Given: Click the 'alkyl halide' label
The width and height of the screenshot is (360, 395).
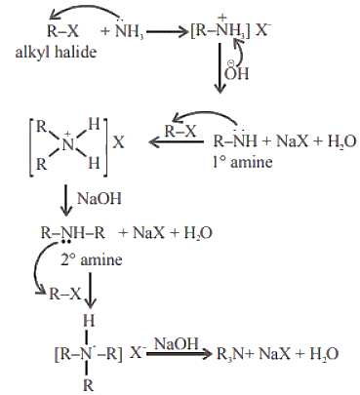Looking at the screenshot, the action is click(x=56, y=52).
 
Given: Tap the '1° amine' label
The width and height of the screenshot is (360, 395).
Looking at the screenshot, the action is click(x=242, y=162).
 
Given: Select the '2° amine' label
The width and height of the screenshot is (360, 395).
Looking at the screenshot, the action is click(x=92, y=259).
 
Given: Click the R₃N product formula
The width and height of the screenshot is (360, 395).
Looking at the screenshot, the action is click(x=230, y=353).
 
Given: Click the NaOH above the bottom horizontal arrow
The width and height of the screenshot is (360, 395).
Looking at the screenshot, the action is click(x=176, y=343).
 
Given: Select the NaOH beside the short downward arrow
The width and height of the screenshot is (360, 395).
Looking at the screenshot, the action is click(x=100, y=198).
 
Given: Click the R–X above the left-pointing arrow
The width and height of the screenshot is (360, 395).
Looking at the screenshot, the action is click(x=180, y=132).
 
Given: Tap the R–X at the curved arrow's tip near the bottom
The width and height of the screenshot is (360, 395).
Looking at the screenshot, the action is click(x=64, y=295).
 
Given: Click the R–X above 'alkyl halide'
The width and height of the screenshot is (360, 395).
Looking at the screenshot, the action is click(x=62, y=31).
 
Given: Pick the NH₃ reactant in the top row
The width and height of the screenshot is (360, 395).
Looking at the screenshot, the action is click(x=130, y=30).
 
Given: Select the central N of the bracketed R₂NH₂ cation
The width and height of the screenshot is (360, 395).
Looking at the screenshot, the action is click(x=68, y=143).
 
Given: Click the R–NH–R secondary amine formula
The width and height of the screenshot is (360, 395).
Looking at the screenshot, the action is click(x=73, y=233).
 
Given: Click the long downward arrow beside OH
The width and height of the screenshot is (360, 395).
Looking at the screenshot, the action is click(x=220, y=68).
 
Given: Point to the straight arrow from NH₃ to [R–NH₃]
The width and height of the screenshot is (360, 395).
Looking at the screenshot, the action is click(x=168, y=32).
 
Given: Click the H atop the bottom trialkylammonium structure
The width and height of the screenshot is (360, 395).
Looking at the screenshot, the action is click(x=89, y=321).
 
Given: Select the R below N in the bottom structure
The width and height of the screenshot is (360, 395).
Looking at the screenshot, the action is click(x=88, y=385).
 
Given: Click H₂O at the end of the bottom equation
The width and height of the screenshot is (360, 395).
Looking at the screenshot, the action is click(x=324, y=353).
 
